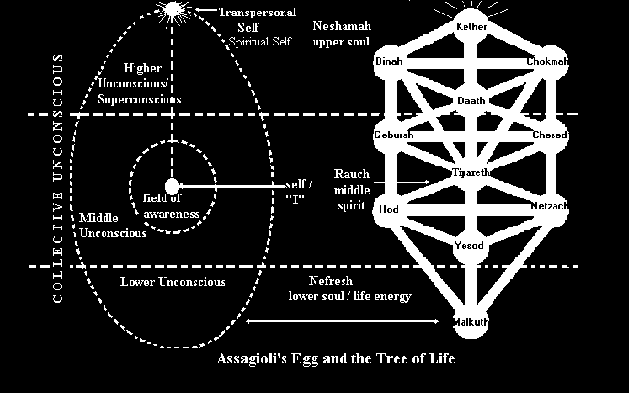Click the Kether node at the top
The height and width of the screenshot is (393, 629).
pos(470,26)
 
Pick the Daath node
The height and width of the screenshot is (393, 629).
pos(470,101)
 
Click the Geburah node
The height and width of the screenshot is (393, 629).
pos(392,135)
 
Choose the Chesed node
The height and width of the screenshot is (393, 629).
pos(549,135)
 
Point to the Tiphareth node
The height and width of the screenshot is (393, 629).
pos(470,171)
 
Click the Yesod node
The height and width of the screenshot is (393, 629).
pos(470,246)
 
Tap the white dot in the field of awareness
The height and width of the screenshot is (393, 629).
pos(172,186)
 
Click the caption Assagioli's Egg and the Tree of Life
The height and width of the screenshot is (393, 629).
pos(336,359)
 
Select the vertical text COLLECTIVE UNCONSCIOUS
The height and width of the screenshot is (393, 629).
pos(58,179)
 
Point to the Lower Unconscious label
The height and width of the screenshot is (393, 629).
pos(172,282)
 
